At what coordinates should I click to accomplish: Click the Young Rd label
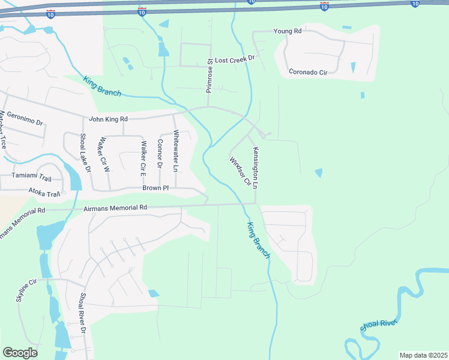tap(287, 31)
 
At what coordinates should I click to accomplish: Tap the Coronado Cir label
tap(308, 73)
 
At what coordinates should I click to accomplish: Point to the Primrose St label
tap(209, 76)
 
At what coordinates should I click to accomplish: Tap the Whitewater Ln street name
tap(176, 151)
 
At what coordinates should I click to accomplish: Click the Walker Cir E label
tap(143, 154)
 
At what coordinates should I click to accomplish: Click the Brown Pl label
tap(155, 188)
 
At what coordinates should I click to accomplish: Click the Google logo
tap(20, 352)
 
